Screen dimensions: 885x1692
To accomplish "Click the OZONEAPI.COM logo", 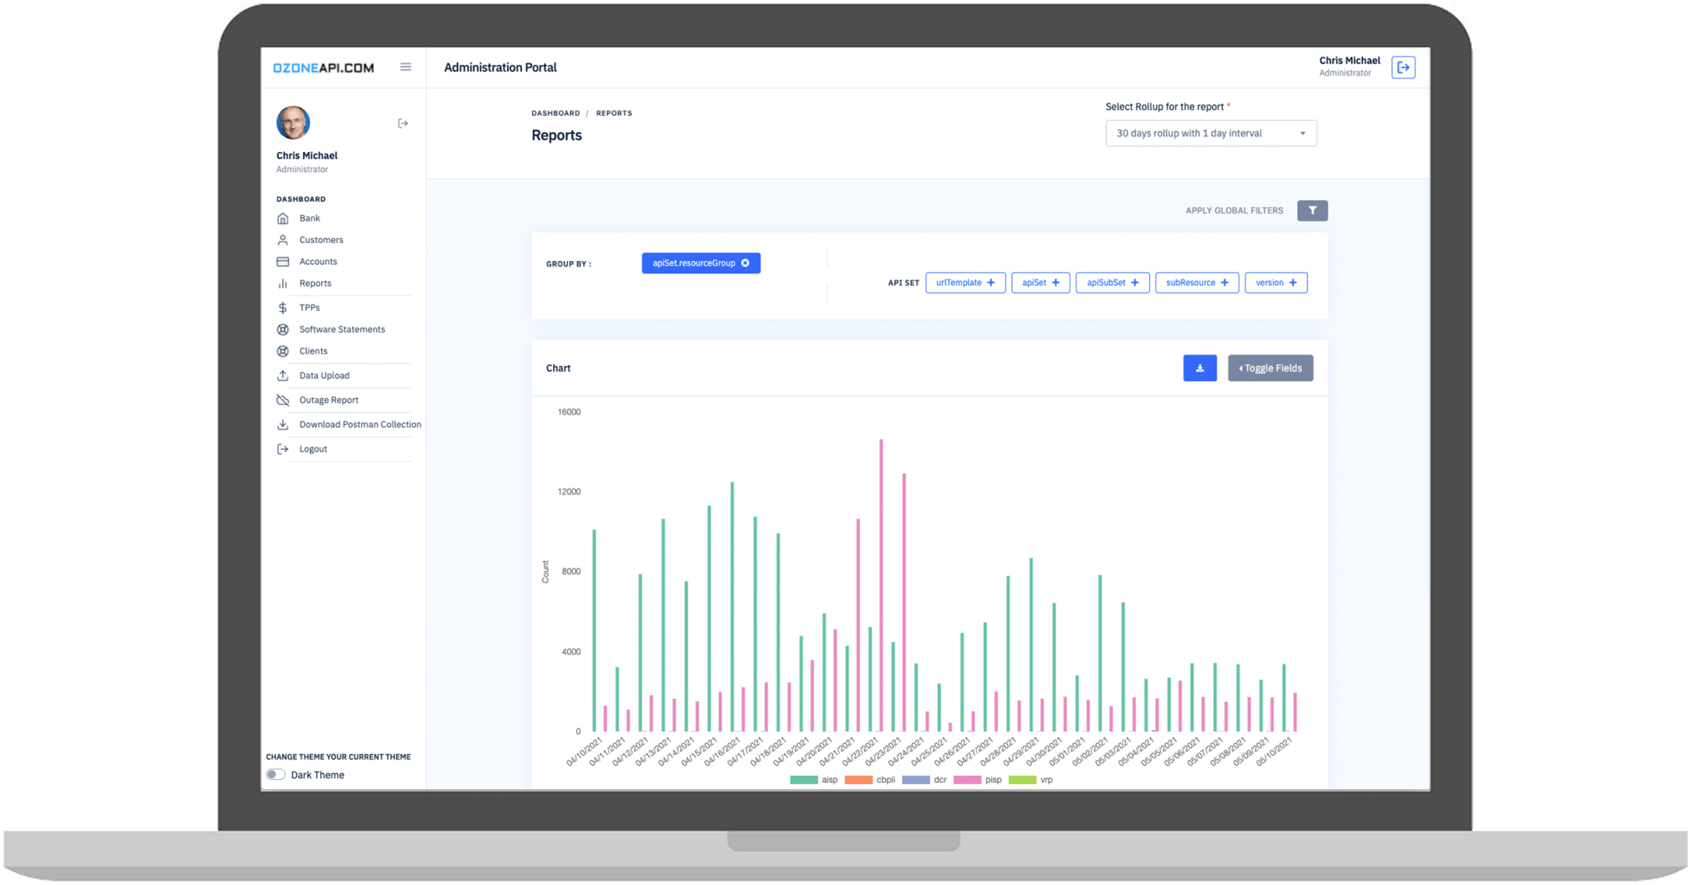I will click(x=323, y=67).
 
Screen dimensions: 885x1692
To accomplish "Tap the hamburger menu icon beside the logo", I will click(x=406, y=67).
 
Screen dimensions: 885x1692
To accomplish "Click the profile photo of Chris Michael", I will click(x=293, y=123).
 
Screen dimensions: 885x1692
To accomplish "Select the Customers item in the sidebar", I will click(x=320, y=240).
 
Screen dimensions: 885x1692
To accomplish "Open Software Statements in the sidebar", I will click(x=342, y=329).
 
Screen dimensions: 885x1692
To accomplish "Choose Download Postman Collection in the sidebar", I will click(x=360, y=424).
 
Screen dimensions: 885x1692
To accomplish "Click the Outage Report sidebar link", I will click(x=328, y=400).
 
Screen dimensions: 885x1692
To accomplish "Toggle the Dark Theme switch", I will click(x=276, y=774).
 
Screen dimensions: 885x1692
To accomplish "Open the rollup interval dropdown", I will click(x=1210, y=133).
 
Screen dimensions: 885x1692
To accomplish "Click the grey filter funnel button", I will click(x=1312, y=210).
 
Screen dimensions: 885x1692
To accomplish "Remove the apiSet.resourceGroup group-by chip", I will click(x=745, y=263).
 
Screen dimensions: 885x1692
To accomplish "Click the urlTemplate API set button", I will click(x=965, y=283).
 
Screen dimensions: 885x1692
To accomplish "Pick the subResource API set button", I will click(x=1196, y=283).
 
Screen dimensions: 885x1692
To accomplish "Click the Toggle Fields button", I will click(x=1270, y=368).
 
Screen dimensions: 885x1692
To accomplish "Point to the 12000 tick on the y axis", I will click(x=569, y=491).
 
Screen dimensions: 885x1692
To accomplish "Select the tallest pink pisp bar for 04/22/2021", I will click(x=881, y=588).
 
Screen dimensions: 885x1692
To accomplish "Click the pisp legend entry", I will click(x=978, y=780).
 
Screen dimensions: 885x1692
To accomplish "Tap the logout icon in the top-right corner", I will click(x=1403, y=67).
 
